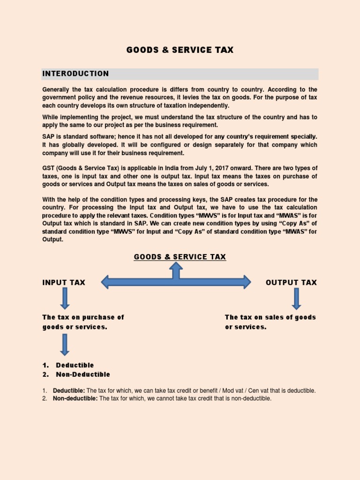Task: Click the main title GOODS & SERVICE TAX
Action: coord(180,50)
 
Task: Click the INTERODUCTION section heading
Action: coord(75,74)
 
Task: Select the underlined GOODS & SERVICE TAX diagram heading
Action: coord(180,257)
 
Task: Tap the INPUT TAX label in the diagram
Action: coord(64,282)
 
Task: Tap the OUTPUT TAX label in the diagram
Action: coord(291,282)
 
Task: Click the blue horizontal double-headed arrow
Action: coord(176,282)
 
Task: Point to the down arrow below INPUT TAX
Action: coord(65,298)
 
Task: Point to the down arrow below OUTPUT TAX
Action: coord(296,298)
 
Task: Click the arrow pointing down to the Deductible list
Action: coord(65,345)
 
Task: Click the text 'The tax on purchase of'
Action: coord(83,317)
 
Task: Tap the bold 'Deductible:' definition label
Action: coord(69,390)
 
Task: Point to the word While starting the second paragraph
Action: coord(51,117)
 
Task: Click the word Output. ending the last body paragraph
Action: coord(52,239)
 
